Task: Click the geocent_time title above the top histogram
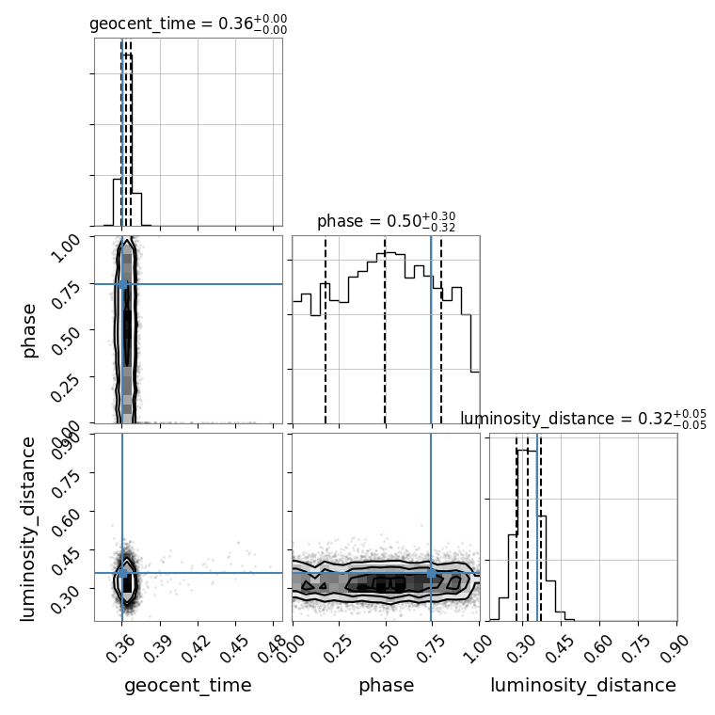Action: [x=188, y=24]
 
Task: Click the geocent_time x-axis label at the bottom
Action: [x=188, y=685]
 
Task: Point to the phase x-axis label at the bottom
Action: [x=387, y=685]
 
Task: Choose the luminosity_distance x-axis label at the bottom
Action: [x=583, y=685]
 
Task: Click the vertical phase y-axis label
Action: [x=28, y=330]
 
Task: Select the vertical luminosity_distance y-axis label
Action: [x=27, y=528]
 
